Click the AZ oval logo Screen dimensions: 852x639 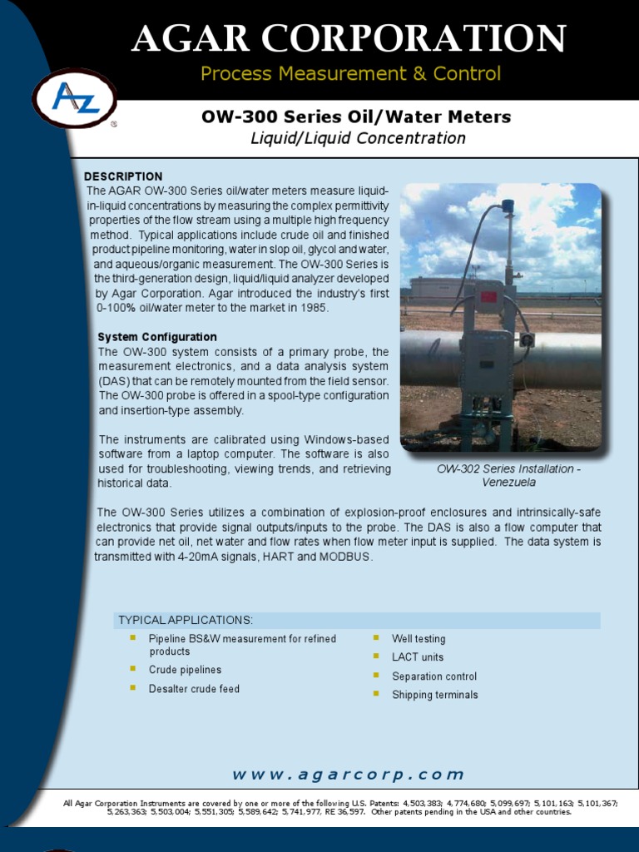(x=75, y=98)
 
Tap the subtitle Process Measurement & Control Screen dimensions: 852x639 (x=350, y=74)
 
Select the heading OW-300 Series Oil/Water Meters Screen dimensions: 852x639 (x=356, y=117)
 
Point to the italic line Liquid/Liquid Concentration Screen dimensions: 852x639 (x=358, y=138)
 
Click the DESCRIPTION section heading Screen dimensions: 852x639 (x=123, y=176)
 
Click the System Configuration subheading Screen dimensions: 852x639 (x=157, y=337)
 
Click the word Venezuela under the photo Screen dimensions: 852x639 (x=509, y=483)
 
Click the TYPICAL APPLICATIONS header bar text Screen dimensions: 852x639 (x=186, y=621)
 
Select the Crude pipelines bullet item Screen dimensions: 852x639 (x=185, y=670)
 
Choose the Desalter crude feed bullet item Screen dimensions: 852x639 (x=194, y=689)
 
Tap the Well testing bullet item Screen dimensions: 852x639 (x=419, y=639)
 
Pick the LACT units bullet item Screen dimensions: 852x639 (x=418, y=657)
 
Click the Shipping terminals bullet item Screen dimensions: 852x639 (x=435, y=695)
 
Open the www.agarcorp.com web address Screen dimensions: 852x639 (x=348, y=775)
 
